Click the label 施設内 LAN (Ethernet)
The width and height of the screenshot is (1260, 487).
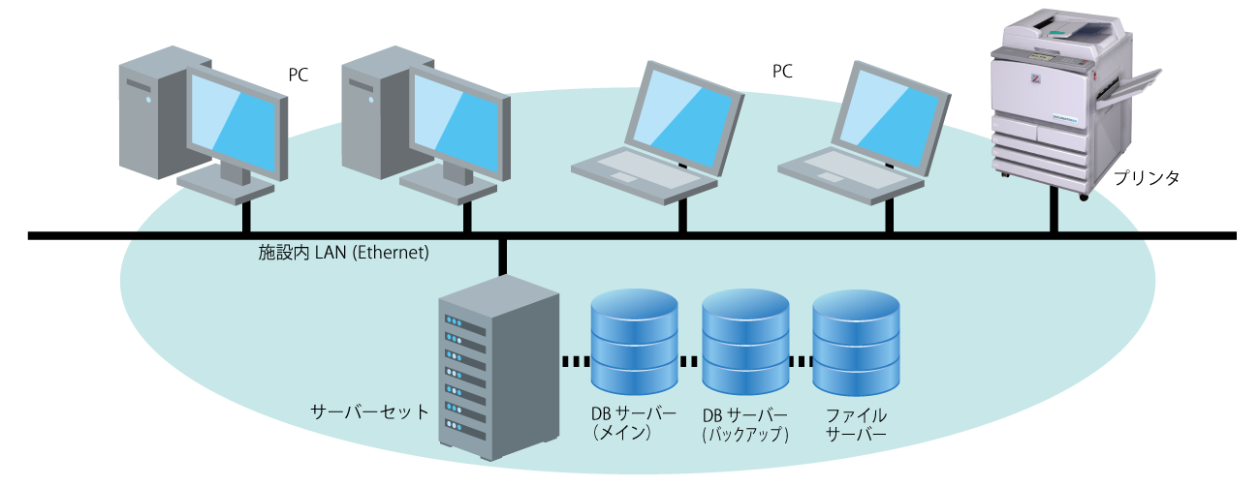click(343, 254)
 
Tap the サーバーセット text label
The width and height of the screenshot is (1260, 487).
click(368, 411)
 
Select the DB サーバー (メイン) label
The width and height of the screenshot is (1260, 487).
click(634, 424)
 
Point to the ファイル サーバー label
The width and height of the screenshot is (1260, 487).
click(856, 424)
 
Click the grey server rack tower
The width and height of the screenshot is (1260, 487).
click(498, 368)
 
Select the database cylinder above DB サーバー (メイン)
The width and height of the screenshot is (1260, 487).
click(634, 339)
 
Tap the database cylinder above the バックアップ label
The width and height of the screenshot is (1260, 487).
click(744, 339)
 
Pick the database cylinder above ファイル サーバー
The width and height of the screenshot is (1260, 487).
click(856, 339)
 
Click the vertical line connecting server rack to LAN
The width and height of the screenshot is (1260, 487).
click(503, 256)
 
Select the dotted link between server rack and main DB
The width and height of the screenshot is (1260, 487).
click(576, 361)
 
